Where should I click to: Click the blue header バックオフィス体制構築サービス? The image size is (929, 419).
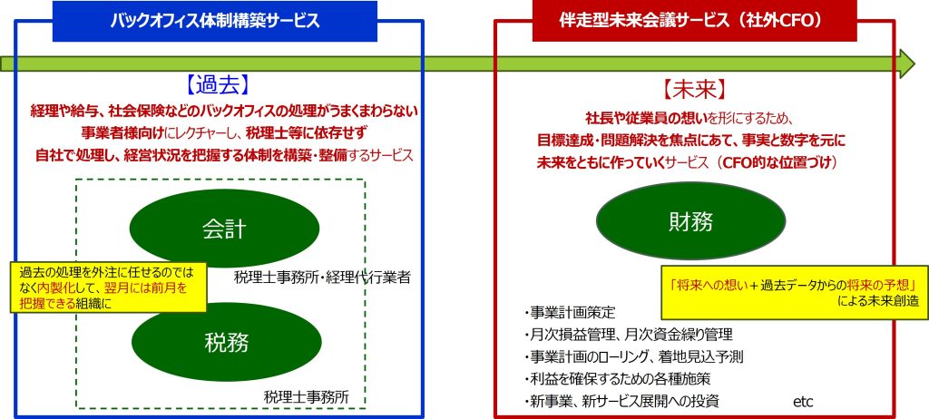coord(214,22)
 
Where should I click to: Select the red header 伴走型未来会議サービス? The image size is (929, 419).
coord(693,22)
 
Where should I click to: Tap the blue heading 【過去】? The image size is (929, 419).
coord(215,85)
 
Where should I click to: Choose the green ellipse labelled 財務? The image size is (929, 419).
coord(690,221)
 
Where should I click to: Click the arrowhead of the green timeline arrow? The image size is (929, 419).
coord(907,63)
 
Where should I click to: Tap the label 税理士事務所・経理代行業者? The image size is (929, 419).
coord(322,277)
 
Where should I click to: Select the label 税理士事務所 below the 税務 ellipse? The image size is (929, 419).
coord(307,396)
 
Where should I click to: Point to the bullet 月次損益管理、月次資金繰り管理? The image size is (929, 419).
coord(629,335)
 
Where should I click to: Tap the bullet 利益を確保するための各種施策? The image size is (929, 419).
coord(617,379)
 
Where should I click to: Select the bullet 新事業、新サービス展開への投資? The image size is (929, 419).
coord(621,401)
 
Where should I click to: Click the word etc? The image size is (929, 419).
coord(804,402)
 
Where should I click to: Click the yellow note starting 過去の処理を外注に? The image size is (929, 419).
coord(109,287)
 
